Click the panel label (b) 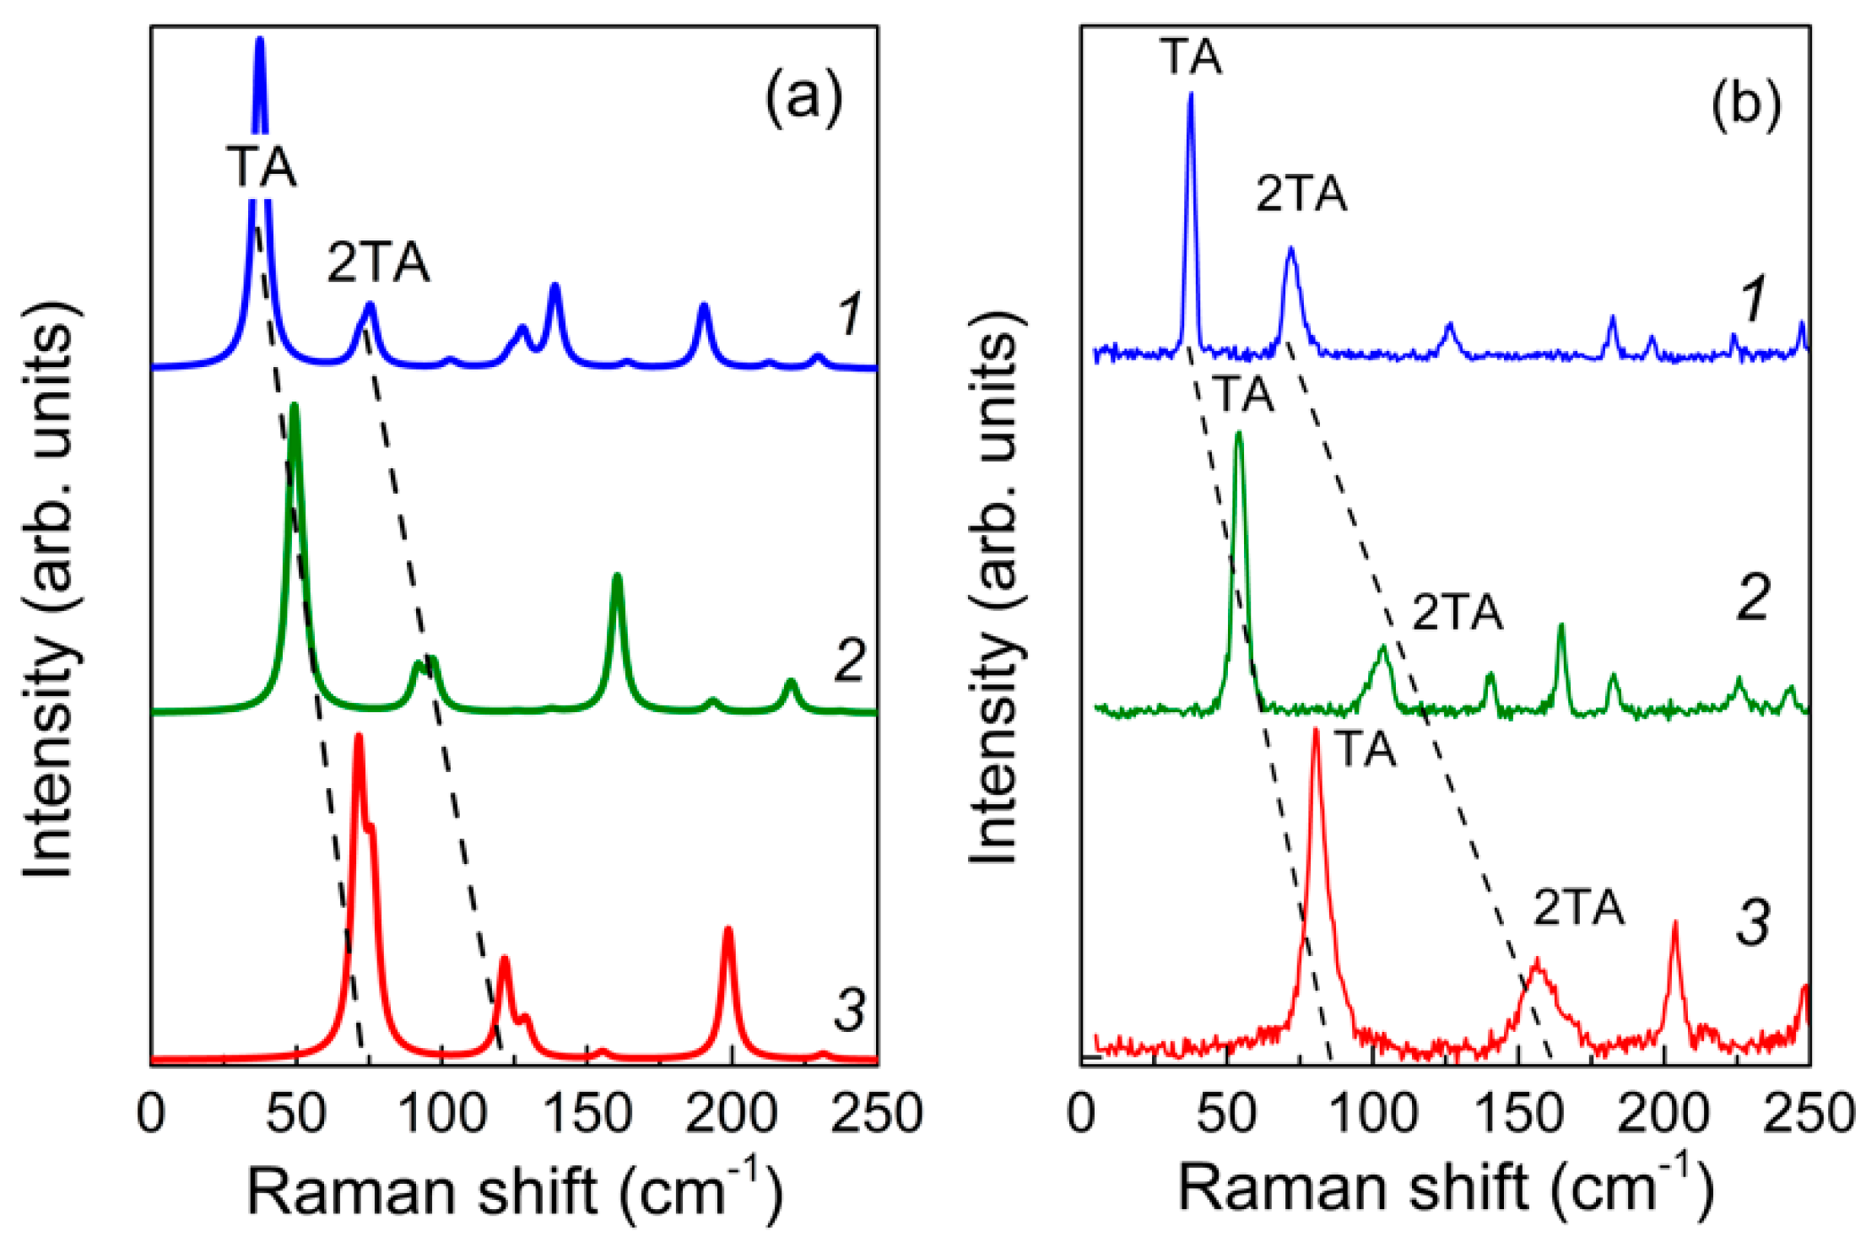[x=1746, y=105]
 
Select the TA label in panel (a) [x=262, y=166]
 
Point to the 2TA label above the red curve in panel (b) [x=1578, y=908]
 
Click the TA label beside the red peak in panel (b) [x=1365, y=748]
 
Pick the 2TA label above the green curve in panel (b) [x=1458, y=613]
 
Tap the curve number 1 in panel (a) [x=848, y=314]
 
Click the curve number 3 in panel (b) [x=1752, y=922]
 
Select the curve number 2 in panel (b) [x=1752, y=598]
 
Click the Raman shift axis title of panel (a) [x=515, y=1191]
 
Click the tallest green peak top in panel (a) [x=295, y=408]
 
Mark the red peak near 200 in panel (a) [x=727, y=931]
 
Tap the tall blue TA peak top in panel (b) [x=1191, y=95]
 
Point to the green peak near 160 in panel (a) [x=617, y=577]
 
